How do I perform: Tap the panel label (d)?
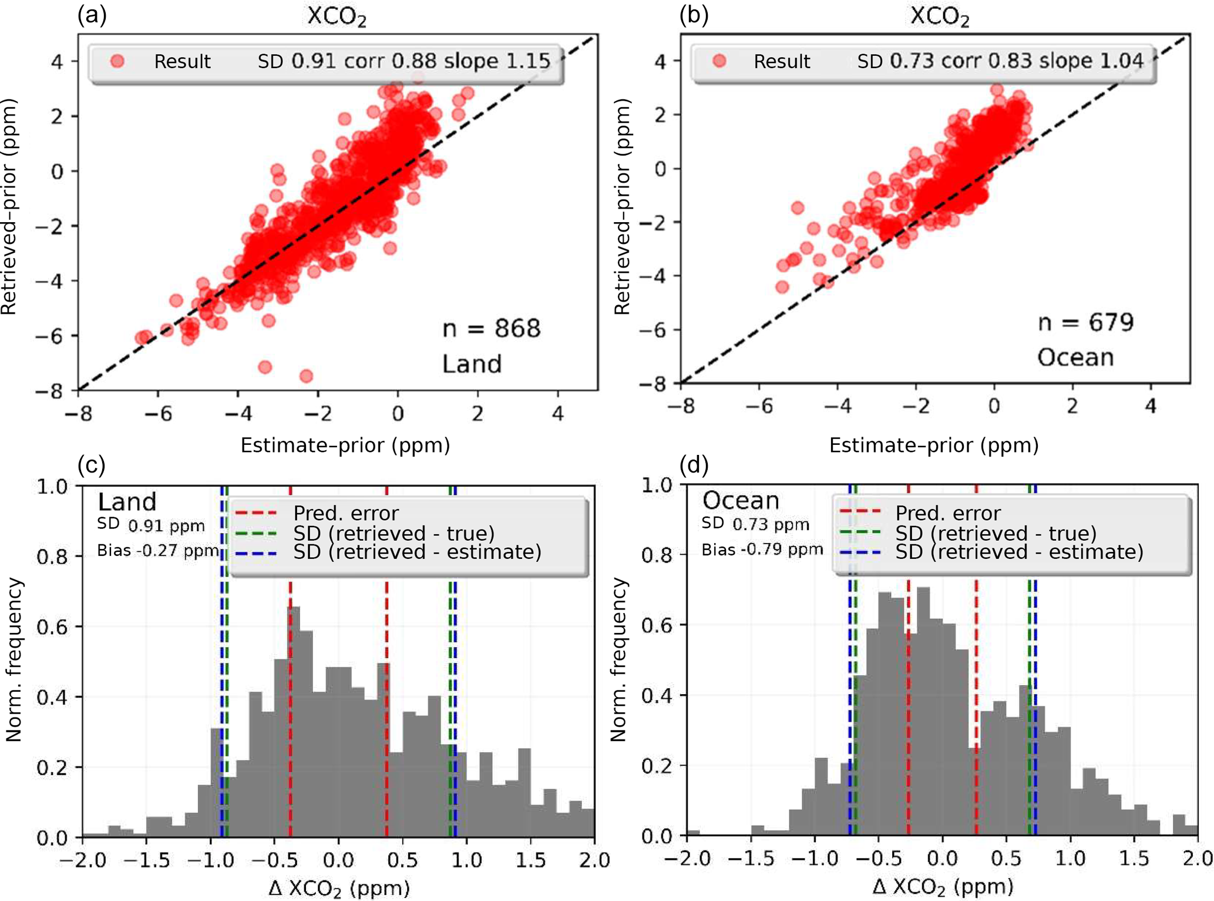(694, 465)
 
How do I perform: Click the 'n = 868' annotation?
(491, 329)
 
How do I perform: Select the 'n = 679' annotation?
(1085, 322)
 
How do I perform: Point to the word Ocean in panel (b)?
(1075, 358)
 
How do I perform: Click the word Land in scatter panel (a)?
(472, 364)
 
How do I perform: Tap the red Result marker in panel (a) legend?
(117, 61)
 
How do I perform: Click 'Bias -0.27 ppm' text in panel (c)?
(157, 551)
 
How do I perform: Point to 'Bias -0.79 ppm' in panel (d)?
(762, 550)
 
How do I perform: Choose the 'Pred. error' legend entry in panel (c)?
(345, 514)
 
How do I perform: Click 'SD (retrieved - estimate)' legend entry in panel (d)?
(1019, 552)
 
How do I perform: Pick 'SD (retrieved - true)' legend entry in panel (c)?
(394, 534)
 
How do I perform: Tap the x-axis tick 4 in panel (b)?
(1151, 406)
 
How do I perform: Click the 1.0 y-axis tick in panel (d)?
(656, 485)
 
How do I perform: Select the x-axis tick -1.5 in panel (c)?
(146, 860)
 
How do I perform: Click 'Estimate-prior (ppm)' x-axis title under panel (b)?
(934, 446)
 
